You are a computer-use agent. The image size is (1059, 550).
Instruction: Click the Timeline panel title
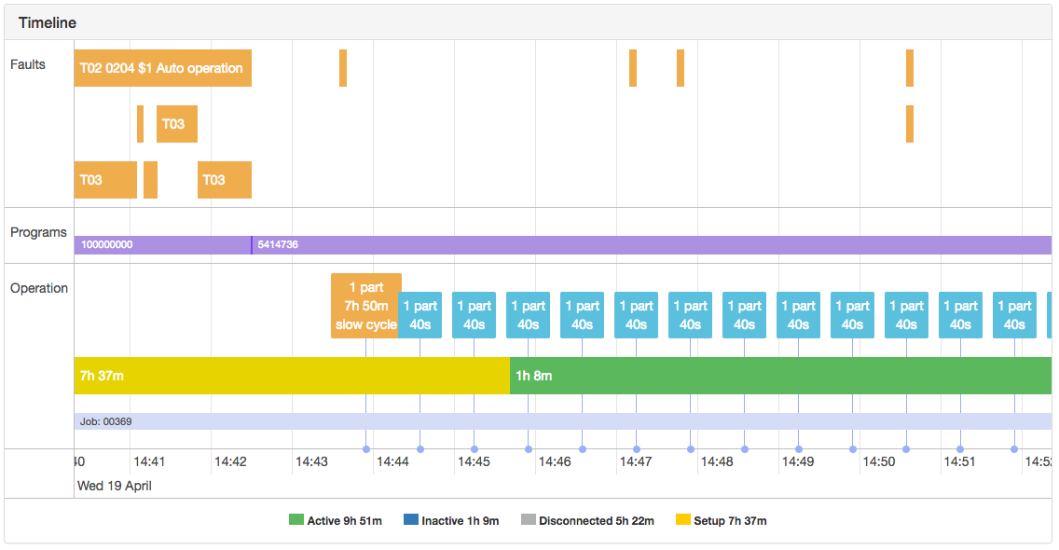48,22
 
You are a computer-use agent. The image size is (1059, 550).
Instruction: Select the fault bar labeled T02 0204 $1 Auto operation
162,68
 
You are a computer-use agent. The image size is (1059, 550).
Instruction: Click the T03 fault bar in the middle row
176,124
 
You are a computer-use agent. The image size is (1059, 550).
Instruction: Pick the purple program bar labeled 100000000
161,245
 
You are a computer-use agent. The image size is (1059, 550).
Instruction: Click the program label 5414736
278,245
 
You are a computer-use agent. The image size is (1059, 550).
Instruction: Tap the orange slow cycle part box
365,306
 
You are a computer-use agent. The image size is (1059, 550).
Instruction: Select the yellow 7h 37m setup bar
291,376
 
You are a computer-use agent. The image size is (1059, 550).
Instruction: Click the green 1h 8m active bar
779,376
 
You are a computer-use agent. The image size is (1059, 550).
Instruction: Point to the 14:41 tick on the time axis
149,461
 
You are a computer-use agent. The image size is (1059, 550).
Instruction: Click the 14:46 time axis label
555,461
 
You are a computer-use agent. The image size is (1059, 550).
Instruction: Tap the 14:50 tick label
879,461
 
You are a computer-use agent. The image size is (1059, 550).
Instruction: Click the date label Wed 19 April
114,486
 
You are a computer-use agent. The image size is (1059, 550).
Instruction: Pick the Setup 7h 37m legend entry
722,521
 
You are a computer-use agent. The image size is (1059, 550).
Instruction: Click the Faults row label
28,64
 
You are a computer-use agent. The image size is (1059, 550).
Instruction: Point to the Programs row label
38,232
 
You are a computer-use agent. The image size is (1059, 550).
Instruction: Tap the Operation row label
39,288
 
